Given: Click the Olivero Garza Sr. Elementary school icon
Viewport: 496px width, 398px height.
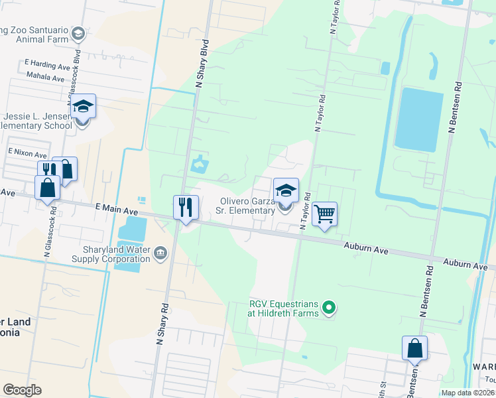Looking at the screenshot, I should [x=286, y=191].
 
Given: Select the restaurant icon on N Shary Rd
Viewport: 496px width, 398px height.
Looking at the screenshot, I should [x=186, y=208].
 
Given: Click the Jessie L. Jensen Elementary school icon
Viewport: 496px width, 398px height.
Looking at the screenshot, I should [x=84, y=107].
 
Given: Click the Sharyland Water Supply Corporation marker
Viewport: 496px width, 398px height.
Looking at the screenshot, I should [x=160, y=253].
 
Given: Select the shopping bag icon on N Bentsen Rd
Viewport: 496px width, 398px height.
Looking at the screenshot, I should [x=414, y=348].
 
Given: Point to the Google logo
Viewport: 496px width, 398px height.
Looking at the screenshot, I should [x=23, y=389].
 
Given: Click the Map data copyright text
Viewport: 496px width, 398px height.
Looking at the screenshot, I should [x=467, y=393].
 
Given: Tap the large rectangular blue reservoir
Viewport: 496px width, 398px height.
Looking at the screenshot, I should [x=418, y=119].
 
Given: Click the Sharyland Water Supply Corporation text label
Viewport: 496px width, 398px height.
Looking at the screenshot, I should [x=115, y=255].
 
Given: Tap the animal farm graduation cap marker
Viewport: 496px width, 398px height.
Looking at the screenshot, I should [x=78, y=33].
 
